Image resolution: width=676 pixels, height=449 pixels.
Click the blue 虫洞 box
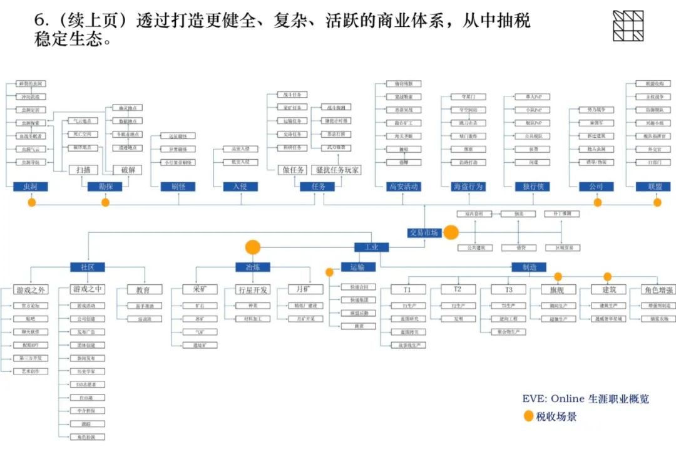[x=31, y=187]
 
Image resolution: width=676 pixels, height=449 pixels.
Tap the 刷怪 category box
[x=169, y=187]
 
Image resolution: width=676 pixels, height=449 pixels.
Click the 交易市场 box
[x=424, y=232]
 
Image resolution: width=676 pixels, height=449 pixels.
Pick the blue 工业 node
[x=371, y=247]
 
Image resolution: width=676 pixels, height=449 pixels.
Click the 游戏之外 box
[x=31, y=290]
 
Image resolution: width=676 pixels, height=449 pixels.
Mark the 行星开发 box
[x=253, y=290]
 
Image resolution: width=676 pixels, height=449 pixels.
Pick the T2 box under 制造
[x=457, y=290]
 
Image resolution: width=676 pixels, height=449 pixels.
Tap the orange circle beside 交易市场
[x=451, y=233]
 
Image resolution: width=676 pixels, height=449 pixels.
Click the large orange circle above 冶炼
[x=253, y=247]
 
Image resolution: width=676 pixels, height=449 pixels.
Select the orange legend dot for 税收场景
[x=528, y=416]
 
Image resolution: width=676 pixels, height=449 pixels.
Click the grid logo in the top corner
[x=628, y=26]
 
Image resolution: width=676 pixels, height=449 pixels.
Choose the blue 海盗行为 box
[x=468, y=187]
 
